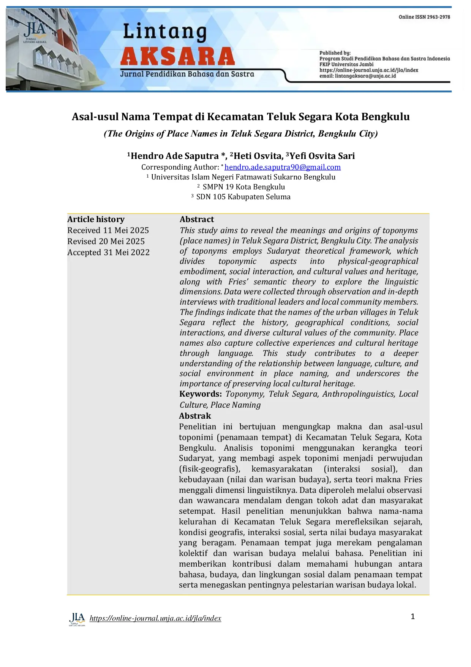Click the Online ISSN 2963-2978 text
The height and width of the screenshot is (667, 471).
(424, 17)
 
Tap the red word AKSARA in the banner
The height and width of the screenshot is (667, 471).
(177, 57)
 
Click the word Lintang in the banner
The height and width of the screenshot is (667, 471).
(164, 32)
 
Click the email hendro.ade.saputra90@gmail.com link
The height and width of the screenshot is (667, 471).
(282, 167)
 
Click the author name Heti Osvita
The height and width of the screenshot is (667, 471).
(258, 156)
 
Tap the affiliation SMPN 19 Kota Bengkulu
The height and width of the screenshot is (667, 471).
(243, 187)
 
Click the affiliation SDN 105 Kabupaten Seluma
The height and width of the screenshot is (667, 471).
(243, 197)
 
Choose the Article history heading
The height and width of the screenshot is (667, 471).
(96, 219)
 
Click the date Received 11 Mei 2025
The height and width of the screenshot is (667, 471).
(108, 230)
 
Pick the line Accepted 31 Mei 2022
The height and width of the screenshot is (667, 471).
(108, 253)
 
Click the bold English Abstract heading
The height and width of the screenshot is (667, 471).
(197, 219)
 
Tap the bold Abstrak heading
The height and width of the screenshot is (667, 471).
(195, 416)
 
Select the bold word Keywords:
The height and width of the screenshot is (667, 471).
(200, 394)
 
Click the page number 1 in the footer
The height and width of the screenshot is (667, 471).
(413, 616)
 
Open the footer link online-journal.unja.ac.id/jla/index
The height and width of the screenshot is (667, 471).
(155, 618)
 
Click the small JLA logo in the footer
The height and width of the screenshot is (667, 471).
(77, 619)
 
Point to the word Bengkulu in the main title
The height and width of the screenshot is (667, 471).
(386, 117)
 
